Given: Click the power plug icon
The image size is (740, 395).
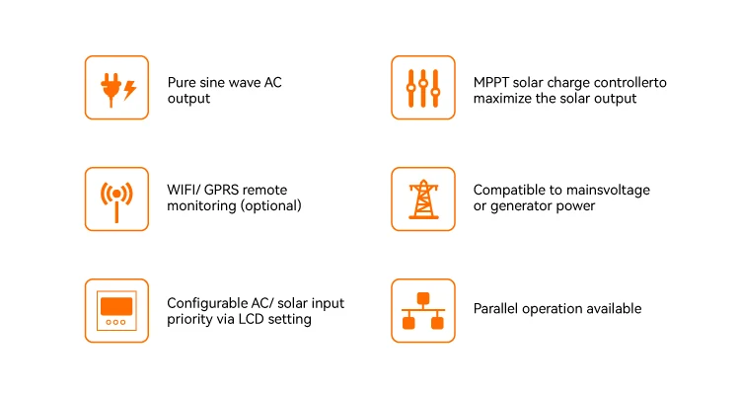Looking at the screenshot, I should [110, 87].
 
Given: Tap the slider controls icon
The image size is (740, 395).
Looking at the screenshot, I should [423, 87].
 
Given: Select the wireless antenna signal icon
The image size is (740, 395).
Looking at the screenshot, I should [116, 198].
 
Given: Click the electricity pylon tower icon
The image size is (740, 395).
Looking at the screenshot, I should [423, 198].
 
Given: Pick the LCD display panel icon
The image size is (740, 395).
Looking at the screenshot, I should [116, 310].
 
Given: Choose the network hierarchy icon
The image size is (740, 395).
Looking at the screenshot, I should [423, 310].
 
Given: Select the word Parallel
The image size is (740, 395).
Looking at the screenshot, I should [497, 309].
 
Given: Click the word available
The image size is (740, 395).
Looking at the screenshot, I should [613, 309].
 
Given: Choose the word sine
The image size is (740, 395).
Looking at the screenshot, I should [219, 83].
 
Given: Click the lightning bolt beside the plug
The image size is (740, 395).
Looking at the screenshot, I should [131, 89].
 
